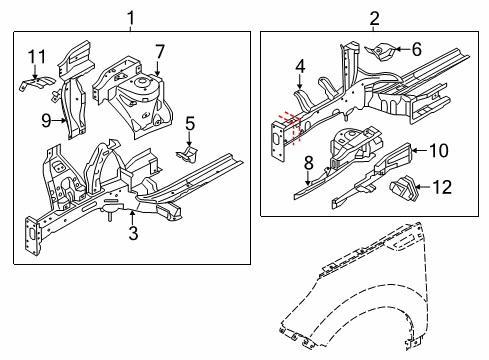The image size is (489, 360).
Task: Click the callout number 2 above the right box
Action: coord(374,17)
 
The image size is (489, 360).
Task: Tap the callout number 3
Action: coord(131,235)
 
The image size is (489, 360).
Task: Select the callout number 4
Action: coord(299,67)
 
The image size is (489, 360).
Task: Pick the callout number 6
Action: coord(417,49)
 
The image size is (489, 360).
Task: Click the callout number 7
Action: coord(159,51)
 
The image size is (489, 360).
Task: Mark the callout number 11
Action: coord(37,55)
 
